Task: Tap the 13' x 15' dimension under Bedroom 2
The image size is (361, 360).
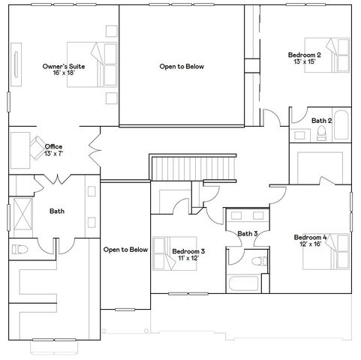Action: click(x=304, y=62)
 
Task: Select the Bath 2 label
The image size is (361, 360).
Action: click(x=322, y=120)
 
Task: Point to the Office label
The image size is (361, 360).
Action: click(x=53, y=146)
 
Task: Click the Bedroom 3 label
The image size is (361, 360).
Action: click(x=188, y=251)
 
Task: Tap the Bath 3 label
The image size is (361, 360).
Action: click(x=248, y=234)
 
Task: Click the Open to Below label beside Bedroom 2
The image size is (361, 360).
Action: click(x=182, y=66)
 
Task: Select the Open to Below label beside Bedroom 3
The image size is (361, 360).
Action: click(x=125, y=249)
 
